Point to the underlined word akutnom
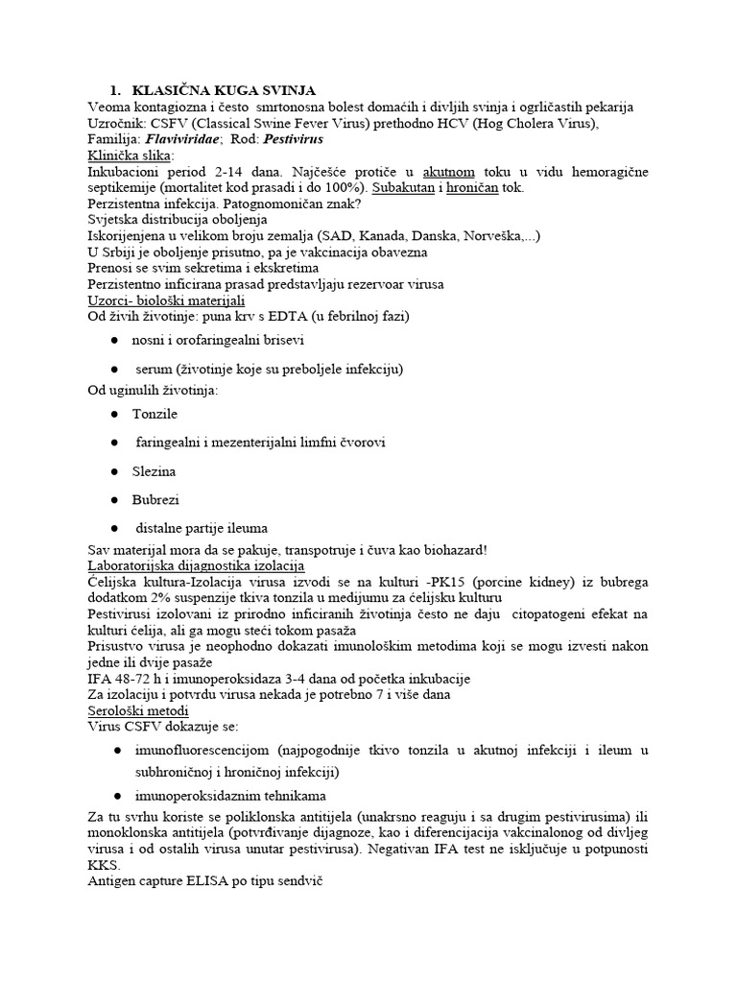click(444, 171)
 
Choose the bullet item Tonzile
click(155, 413)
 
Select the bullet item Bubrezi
click(155, 500)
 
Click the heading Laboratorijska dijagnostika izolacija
click(196, 565)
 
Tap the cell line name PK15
click(464, 583)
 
